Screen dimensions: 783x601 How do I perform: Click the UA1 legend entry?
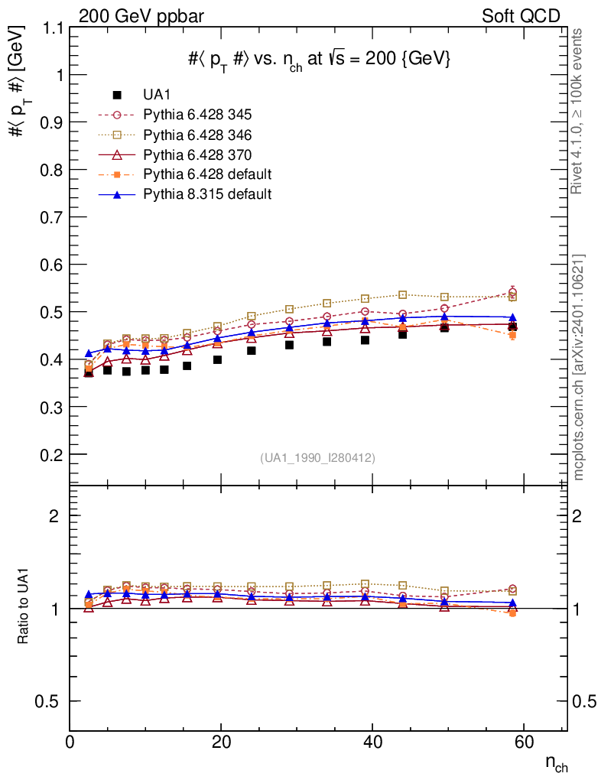click(156, 95)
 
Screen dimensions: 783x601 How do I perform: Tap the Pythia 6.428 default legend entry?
click(207, 174)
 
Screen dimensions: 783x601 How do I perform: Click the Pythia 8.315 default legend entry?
click(207, 194)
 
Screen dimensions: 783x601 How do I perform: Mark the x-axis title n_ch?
click(556, 762)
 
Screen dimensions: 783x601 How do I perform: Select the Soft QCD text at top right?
click(521, 15)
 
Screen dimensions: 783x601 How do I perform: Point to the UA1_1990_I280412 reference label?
click(318, 458)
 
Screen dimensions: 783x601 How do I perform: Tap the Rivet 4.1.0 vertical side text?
click(577, 111)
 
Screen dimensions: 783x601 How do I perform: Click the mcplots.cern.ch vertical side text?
click(579, 367)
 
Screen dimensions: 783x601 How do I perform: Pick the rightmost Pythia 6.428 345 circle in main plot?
click(512, 291)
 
